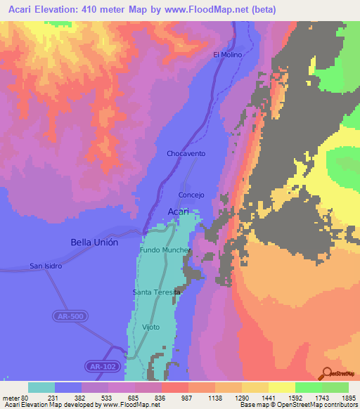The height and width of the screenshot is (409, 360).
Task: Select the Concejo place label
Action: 191,195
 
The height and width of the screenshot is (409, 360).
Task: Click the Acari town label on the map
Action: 179,212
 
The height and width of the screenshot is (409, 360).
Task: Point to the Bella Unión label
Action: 94,242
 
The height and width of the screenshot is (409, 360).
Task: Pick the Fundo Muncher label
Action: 165,250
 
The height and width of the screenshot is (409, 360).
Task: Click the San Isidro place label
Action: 46,266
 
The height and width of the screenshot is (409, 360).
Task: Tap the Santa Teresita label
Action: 156,292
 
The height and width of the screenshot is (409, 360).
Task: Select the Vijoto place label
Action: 150,327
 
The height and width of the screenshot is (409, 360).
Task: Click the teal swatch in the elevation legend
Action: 41,387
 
